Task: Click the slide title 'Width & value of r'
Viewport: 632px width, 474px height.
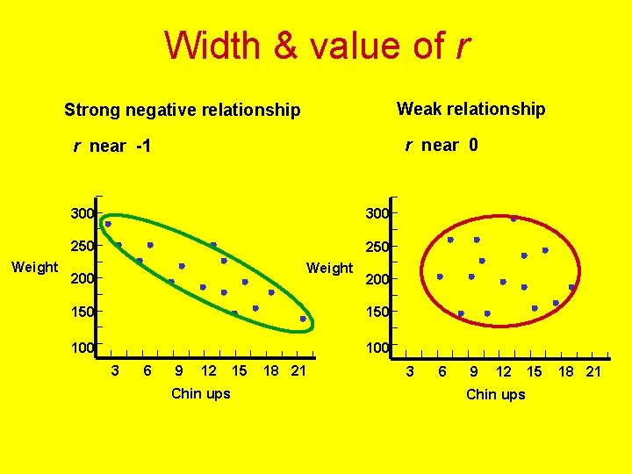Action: (317, 46)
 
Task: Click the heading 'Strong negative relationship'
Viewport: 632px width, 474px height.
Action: (182, 111)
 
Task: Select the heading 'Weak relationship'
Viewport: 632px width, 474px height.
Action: (470, 109)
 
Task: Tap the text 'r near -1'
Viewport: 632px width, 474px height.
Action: (112, 147)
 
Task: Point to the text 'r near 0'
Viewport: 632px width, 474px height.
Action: (442, 145)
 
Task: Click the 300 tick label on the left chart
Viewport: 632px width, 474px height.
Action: (83, 213)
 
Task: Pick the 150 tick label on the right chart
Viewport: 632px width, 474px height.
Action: (377, 312)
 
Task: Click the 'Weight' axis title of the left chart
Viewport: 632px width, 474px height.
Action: (34, 267)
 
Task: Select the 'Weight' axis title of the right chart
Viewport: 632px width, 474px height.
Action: (329, 268)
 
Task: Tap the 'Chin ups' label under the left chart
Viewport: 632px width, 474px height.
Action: (200, 393)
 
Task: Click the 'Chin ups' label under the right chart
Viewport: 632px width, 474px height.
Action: (495, 394)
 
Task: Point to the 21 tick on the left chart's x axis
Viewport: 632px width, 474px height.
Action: (298, 371)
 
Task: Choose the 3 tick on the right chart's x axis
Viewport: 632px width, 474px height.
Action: (409, 372)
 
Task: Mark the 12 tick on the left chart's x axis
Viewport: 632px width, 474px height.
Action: (209, 371)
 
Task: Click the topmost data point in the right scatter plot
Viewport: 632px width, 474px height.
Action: (513, 219)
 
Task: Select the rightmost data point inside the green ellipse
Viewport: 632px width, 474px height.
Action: (303, 319)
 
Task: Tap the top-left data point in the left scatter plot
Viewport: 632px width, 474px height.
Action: (108, 224)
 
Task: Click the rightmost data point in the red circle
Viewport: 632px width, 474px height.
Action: (571, 287)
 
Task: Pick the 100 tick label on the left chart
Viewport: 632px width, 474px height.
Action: (83, 348)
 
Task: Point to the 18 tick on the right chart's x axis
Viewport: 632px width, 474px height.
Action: (567, 372)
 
